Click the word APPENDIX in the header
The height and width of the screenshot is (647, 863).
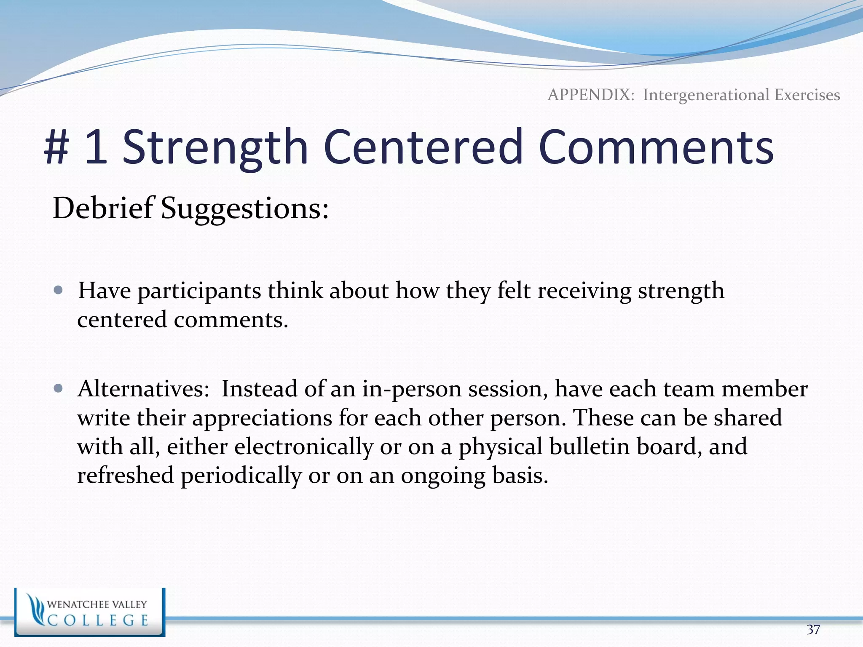pos(590,95)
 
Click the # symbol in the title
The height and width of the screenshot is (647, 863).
pos(57,147)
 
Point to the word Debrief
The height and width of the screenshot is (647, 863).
pos(102,208)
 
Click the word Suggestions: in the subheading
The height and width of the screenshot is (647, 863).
pos(244,209)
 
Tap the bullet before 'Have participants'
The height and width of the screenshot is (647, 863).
pos(59,290)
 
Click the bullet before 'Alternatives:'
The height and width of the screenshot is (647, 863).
pos(59,388)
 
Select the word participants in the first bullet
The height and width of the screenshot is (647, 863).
pos(199,291)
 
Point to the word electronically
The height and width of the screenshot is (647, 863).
pos(303,446)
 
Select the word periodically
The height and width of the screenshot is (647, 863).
pos(241,476)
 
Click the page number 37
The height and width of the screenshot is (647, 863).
pos(813,629)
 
